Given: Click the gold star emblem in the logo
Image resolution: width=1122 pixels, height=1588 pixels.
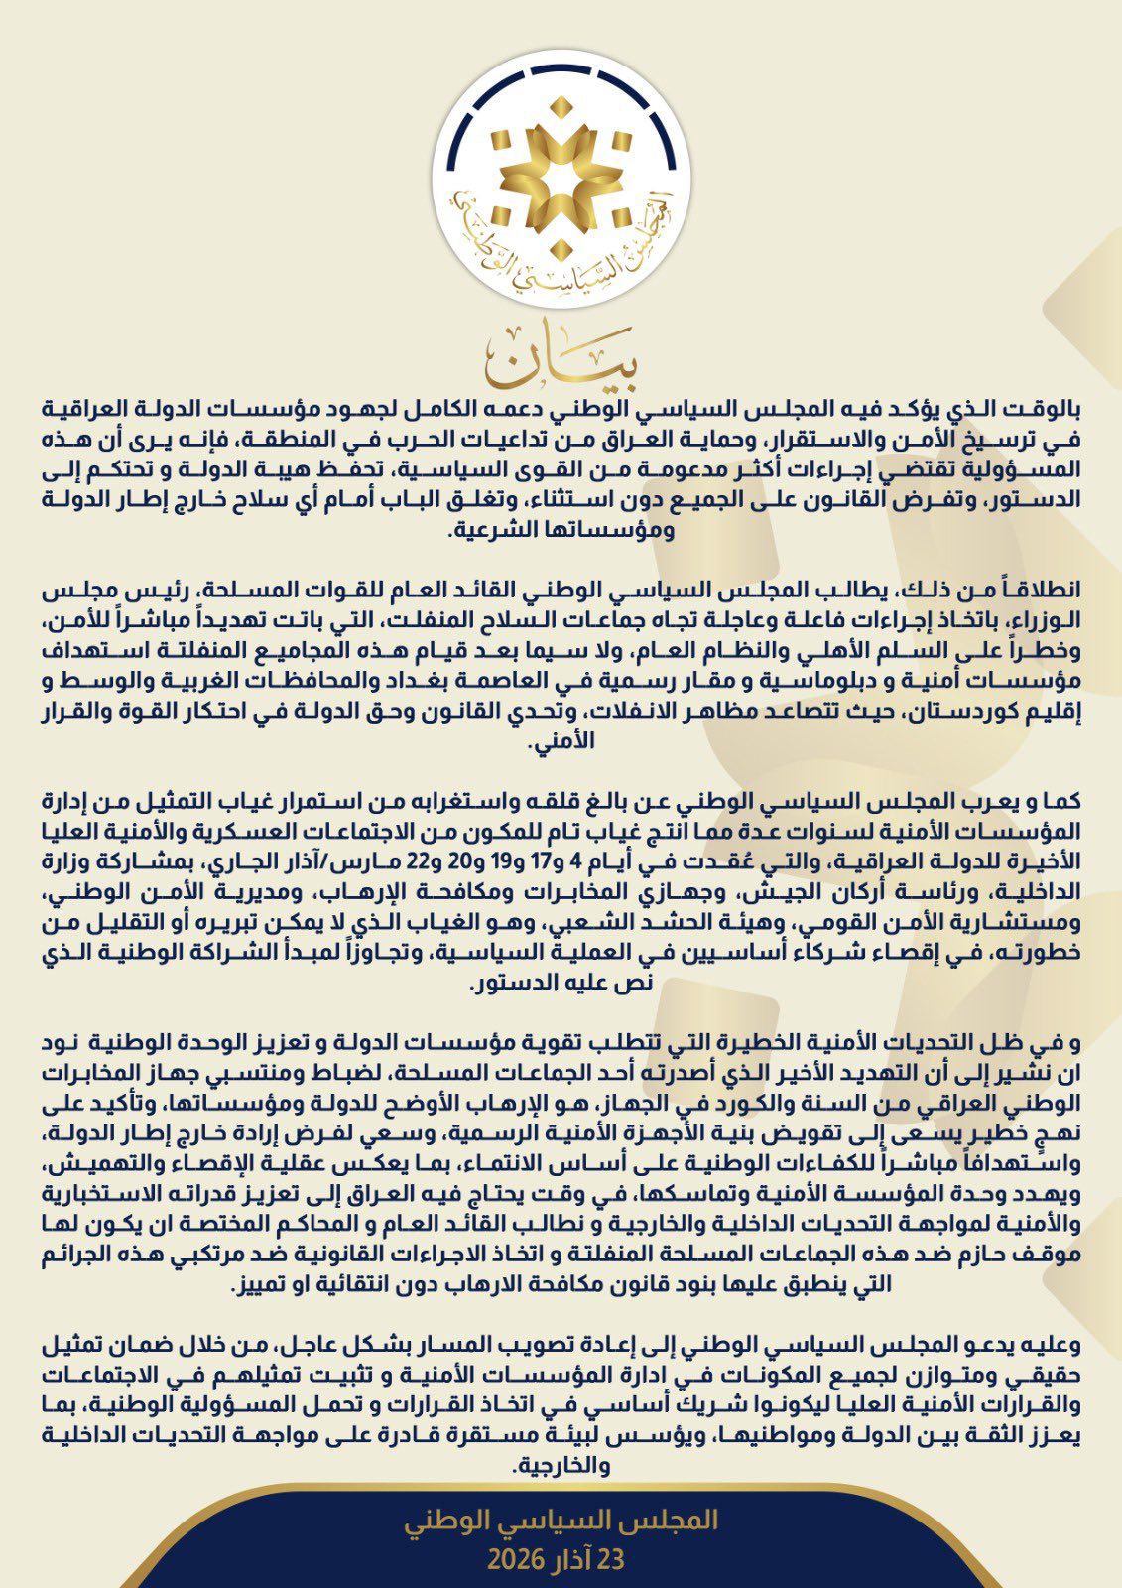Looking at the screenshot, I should pos(561,177).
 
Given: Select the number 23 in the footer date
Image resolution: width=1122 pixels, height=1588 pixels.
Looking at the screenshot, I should pos(609,1559).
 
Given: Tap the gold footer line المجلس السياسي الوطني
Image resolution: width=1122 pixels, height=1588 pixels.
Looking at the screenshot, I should pos(561,1521).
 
